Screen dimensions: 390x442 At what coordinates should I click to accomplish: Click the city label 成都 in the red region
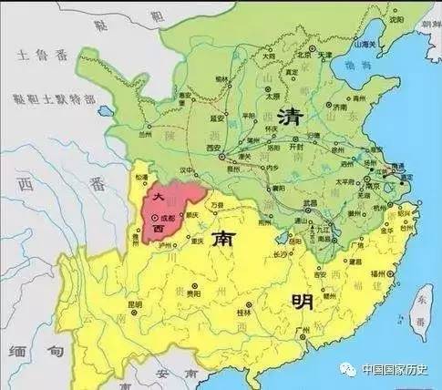[x=167, y=219]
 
